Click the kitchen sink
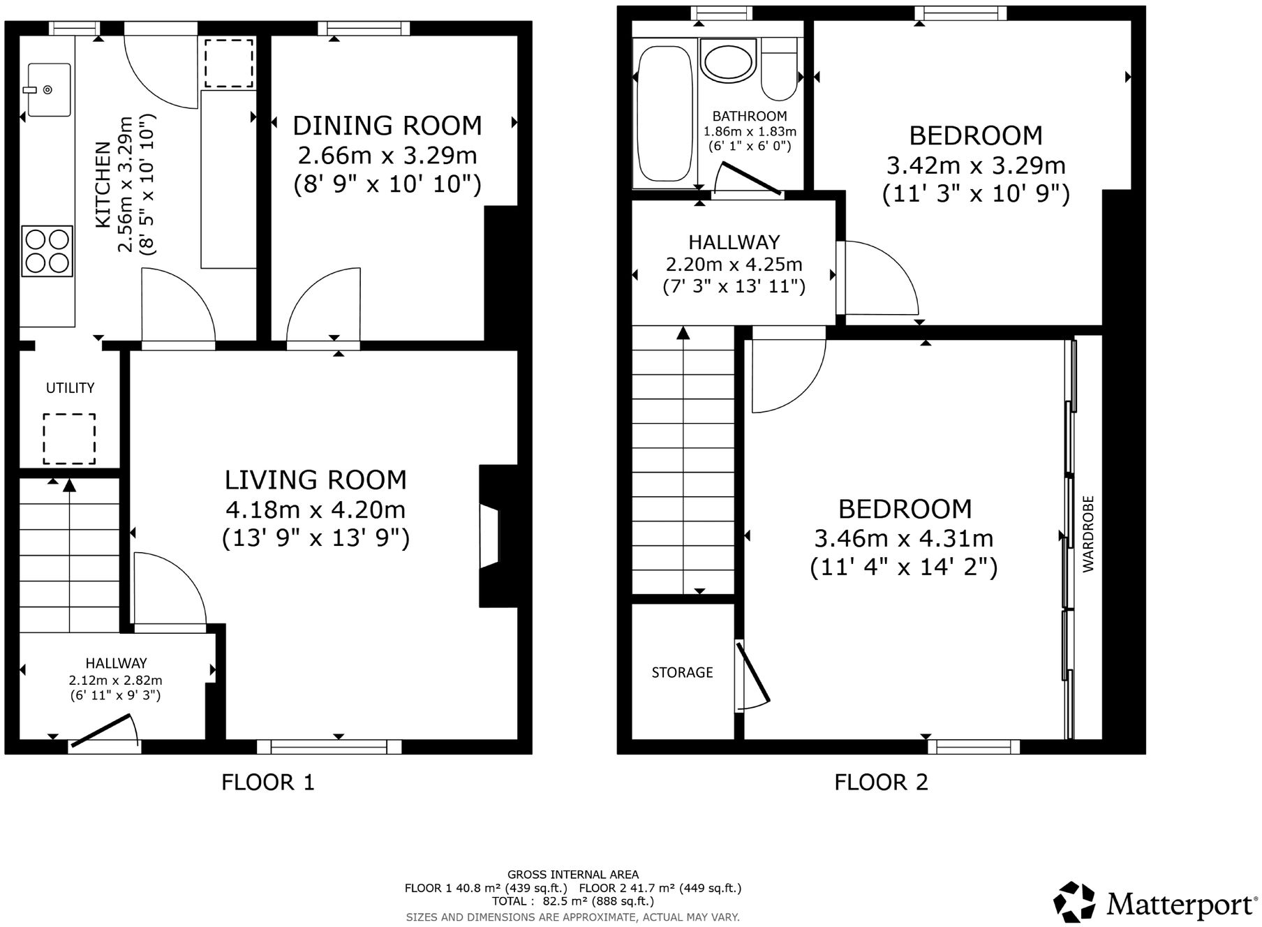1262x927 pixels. coord(49,89)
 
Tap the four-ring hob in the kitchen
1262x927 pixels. coord(47,251)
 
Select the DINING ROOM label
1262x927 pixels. coord(387,126)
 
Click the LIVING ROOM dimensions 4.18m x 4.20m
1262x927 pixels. coord(315,510)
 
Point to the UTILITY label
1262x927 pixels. coord(70,388)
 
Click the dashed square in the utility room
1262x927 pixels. coord(69,438)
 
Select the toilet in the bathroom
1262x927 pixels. coord(779,70)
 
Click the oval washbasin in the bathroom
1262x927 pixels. coord(728,61)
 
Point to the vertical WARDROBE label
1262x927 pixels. coord(1089,534)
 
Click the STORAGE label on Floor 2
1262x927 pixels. coord(682,672)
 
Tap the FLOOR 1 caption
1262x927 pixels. coord(268,782)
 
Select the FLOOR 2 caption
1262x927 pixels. coord(881,782)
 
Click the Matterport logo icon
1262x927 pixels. coord(1074,901)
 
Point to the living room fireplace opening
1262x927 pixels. coord(489,536)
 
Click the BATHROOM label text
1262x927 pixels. coord(750,116)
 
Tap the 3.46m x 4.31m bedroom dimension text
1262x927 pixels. coord(904,538)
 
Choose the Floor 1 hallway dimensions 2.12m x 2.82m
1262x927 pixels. coord(115,680)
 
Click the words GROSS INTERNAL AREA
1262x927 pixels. coord(572,874)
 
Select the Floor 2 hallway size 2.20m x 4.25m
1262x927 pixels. coord(734,265)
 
